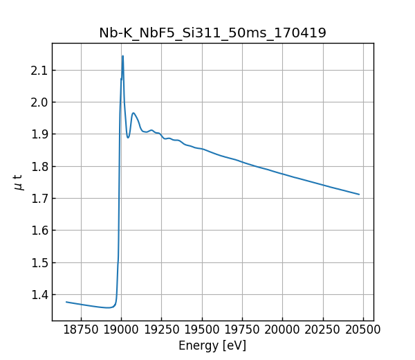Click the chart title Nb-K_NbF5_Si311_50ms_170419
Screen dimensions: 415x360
tap(212, 33)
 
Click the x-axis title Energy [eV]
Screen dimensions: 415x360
tap(212, 345)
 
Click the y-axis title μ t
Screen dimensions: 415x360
tap(18, 182)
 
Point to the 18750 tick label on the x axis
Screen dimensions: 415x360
tap(81, 330)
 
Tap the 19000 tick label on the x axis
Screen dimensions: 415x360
tap(121, 330)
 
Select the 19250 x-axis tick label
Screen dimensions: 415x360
tap(161, 330)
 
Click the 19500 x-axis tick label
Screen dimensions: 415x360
tap(202, 330)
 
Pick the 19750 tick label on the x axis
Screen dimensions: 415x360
tap(242, 330)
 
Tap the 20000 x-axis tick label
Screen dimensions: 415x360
tap(282, 330)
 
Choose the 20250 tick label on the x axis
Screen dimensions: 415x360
tap(322, 330)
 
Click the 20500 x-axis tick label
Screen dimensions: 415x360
tap(363, 330)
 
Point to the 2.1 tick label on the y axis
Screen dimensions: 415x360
tap(39, 71)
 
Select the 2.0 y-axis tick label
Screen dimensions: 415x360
tap(39, 102)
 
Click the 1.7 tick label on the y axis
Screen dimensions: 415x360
tap(39, 199)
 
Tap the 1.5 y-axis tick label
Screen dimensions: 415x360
tap(39, 263)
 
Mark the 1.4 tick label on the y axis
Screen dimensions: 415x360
tap(39, 295)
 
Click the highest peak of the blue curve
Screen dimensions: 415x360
tap(123, 56)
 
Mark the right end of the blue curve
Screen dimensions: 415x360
tap(359, 195)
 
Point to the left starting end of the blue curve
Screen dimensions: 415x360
tap(66, 302)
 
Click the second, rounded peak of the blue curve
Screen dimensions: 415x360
tap(133, 113)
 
